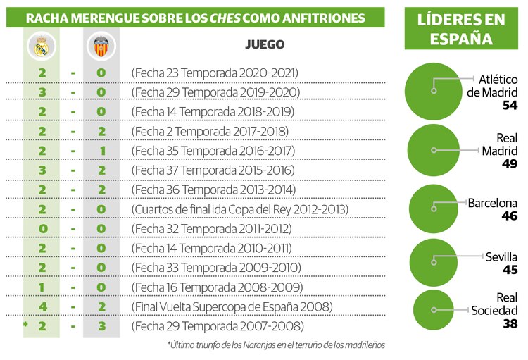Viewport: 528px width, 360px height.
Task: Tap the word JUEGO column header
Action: pyautogui.click(x=265, y=44)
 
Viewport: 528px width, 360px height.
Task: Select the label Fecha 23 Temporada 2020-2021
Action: pyautogui.click(x=215, y=73)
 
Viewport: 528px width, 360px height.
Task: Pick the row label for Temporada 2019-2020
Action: pyautogui.click(x=215, y=92)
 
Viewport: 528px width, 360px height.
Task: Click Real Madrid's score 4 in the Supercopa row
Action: pyautogui.click(x=42, y=306)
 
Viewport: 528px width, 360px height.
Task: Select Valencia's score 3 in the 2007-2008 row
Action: pyautogui.click(x=101, y=326)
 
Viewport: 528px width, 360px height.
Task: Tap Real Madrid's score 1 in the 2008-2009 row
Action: pyautogui.click(x=42, y=287)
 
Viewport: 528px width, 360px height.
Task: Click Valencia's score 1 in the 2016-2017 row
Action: pyautogui.click(x=101, y=151)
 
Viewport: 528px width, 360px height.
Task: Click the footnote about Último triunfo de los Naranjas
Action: pyautogui.click(x=276, y=345)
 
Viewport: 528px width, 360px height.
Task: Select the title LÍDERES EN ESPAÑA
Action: pyautogui.click(x=462, y=29)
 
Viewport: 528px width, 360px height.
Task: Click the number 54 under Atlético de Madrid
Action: pyautogui.click(x=509, y=105)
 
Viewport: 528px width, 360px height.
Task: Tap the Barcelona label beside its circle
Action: pyautogui.click(x=493, y=203)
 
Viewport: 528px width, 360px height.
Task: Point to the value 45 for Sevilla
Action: pyautogui.click(x=510, y=270)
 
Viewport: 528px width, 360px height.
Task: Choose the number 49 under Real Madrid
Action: pyautogui.click(x=509, y=164)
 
